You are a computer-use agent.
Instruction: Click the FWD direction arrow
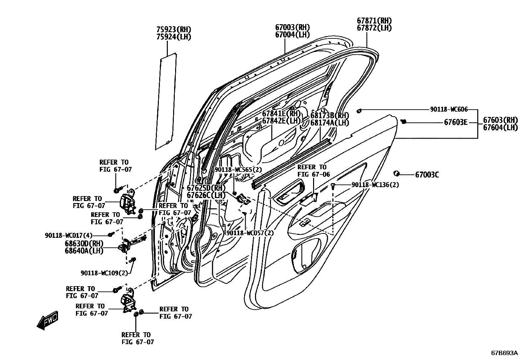click(x=47, y=320)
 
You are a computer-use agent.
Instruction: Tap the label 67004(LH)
click(x=292, y=34)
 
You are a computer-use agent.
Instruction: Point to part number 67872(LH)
click(x=374, y=28)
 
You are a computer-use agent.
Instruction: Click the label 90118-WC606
click(x=449, y=109)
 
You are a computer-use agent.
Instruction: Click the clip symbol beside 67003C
click(x=396, y=174)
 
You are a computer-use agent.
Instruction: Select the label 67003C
click(x=427, y=175)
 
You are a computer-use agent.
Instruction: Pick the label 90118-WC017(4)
click(x=69, y=235)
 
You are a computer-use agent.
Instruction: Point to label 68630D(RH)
click(x=84, y=244)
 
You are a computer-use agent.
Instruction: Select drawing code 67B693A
click(x=504, y=353)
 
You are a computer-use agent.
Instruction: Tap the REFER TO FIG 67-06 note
click(x=312, y=171)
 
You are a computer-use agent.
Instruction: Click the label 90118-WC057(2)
click(x=250, y=233)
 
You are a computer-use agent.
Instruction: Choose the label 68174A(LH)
click(x=329, y=123)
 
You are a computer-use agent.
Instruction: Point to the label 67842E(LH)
click(x=281, y=121)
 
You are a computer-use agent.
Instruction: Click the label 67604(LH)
click(x=500, y=128)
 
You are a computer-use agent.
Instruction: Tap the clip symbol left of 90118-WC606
click(x=359, y=110)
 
